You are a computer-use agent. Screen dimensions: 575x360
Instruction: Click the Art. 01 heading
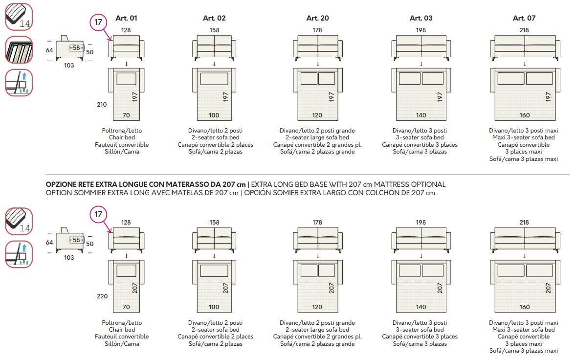126,18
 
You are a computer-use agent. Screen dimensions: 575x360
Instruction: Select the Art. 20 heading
318,18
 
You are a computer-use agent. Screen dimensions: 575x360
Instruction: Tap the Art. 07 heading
524,18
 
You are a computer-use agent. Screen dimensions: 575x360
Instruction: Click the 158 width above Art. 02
215,30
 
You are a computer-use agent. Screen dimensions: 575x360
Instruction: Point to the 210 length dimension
102,105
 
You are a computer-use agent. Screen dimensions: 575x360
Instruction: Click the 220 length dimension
102,296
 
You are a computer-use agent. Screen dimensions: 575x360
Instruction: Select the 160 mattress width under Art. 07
524,115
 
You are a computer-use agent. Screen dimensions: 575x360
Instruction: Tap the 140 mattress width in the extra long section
421,307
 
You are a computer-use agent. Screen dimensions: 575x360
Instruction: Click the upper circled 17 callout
98,22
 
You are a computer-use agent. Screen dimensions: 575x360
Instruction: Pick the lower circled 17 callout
98,214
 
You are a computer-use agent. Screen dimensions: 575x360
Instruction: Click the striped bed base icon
19,50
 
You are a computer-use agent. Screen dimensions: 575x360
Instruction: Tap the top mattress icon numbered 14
19,17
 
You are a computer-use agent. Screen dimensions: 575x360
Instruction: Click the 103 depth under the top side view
69,66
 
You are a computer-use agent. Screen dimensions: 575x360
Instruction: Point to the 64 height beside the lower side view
49,243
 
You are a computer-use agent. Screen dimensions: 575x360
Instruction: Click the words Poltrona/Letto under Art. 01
122,131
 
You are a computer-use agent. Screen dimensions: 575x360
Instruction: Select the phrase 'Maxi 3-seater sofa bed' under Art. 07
524,137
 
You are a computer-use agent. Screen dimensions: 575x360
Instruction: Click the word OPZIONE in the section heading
61,184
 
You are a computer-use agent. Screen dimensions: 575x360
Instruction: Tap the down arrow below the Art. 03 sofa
421,64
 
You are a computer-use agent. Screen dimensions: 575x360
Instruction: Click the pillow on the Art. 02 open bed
214,79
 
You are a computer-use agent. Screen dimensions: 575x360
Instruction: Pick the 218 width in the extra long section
524,223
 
